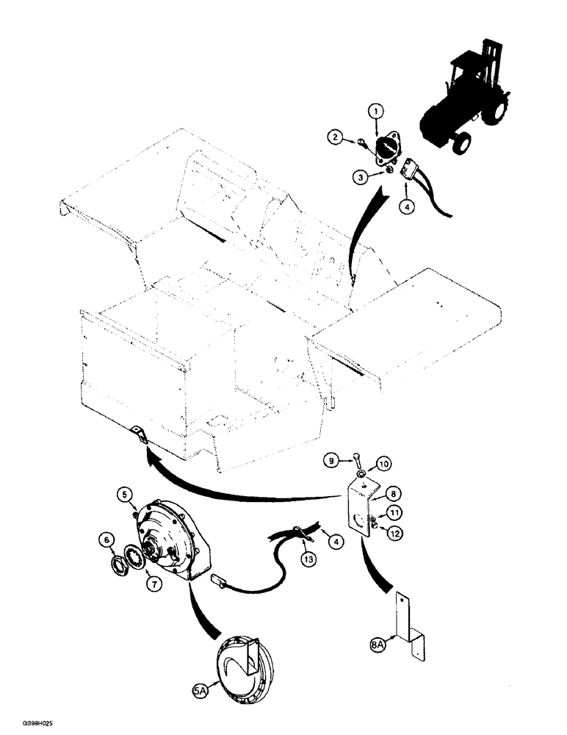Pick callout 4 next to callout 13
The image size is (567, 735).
pos(337,543)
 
